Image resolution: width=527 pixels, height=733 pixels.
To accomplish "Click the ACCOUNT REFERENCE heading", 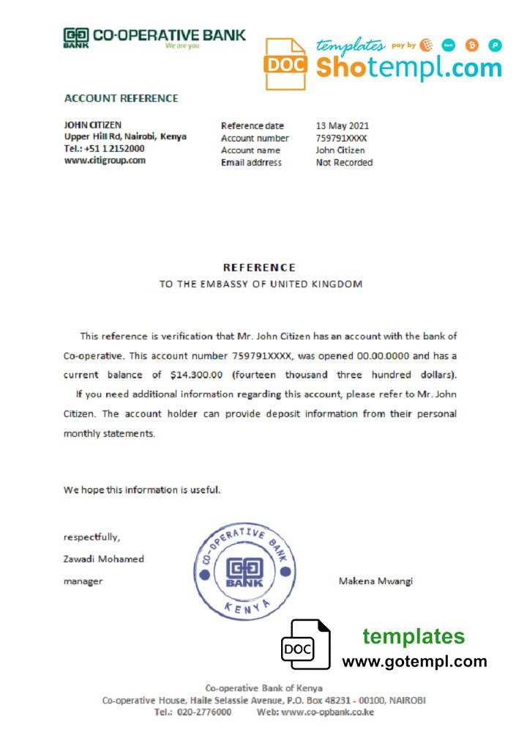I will (122, 98).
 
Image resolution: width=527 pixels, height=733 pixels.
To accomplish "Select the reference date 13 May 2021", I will (343, 125).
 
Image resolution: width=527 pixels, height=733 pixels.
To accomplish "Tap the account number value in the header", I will (342, 138).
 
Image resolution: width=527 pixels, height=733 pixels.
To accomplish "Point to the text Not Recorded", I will (344, 163).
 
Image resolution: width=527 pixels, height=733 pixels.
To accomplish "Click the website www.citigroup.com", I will (105, 161).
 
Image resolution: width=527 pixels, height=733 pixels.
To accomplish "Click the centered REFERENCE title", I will (259, 268).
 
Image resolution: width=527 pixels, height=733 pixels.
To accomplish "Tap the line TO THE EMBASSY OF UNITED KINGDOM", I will (261, 284).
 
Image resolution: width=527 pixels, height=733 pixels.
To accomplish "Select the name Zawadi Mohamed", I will (104, 559).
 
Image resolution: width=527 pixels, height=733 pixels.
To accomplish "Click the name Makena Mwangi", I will (375, 581).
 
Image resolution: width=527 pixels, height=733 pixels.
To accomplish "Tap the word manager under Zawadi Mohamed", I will (83, 581).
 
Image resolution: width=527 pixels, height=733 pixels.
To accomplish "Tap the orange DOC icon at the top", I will (285, 64).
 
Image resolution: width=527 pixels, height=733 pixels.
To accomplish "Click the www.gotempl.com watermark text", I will (414, 661).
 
